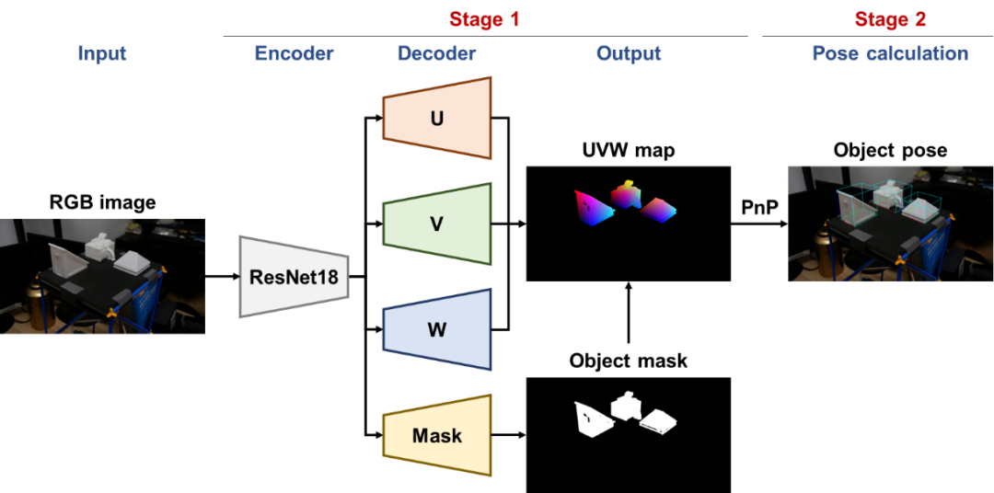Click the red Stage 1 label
484,19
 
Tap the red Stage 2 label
889,19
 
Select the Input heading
101,53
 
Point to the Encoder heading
294,53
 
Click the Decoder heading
436,53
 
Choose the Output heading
629,53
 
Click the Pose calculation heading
889,53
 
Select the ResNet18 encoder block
294,276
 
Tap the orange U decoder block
437,119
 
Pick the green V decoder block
437,224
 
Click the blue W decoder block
437,330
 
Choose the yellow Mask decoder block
437,436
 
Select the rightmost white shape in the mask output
659,421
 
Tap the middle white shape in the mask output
626,406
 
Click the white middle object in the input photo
98,246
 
